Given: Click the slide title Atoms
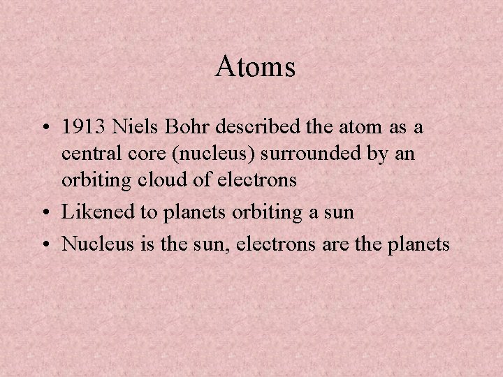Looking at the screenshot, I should pyautogui.click(x=256, y=67).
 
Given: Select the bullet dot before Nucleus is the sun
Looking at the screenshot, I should pyautogui.click(x=47, y=244).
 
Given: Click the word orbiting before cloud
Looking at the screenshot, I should pyautogui.click(x=94, y=180).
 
